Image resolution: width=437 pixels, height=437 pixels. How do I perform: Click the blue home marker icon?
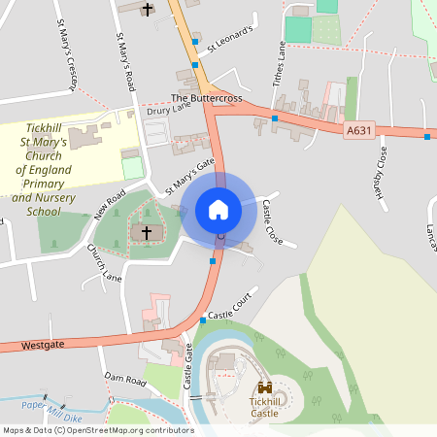coord(218,210)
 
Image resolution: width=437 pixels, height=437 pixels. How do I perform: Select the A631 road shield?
coord(359,129)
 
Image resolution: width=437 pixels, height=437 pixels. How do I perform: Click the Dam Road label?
coord(123,381)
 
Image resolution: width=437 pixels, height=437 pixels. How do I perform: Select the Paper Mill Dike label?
coord(49,408)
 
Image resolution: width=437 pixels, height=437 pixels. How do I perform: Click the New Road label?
coord(109,204)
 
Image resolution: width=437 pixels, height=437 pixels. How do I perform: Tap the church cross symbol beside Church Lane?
coord(148,233)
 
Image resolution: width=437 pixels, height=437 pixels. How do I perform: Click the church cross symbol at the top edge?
coord(148,10)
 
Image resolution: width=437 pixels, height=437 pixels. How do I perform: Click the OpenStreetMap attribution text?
coord(97,430)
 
